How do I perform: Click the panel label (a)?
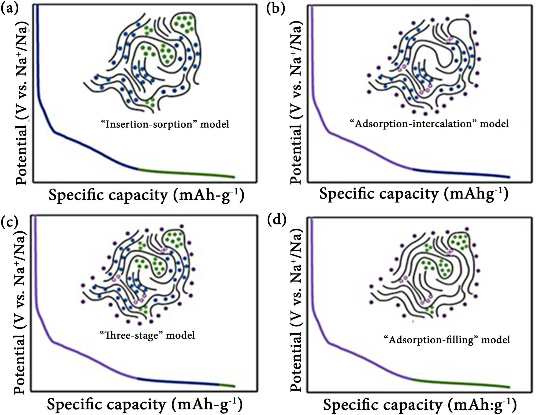9,9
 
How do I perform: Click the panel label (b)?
276,9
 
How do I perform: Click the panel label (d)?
277,220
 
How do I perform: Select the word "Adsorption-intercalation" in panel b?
413,124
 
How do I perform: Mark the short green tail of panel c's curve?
227,385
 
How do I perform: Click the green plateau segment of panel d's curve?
461,383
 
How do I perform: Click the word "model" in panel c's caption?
181,335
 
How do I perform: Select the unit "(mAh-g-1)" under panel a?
209,195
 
